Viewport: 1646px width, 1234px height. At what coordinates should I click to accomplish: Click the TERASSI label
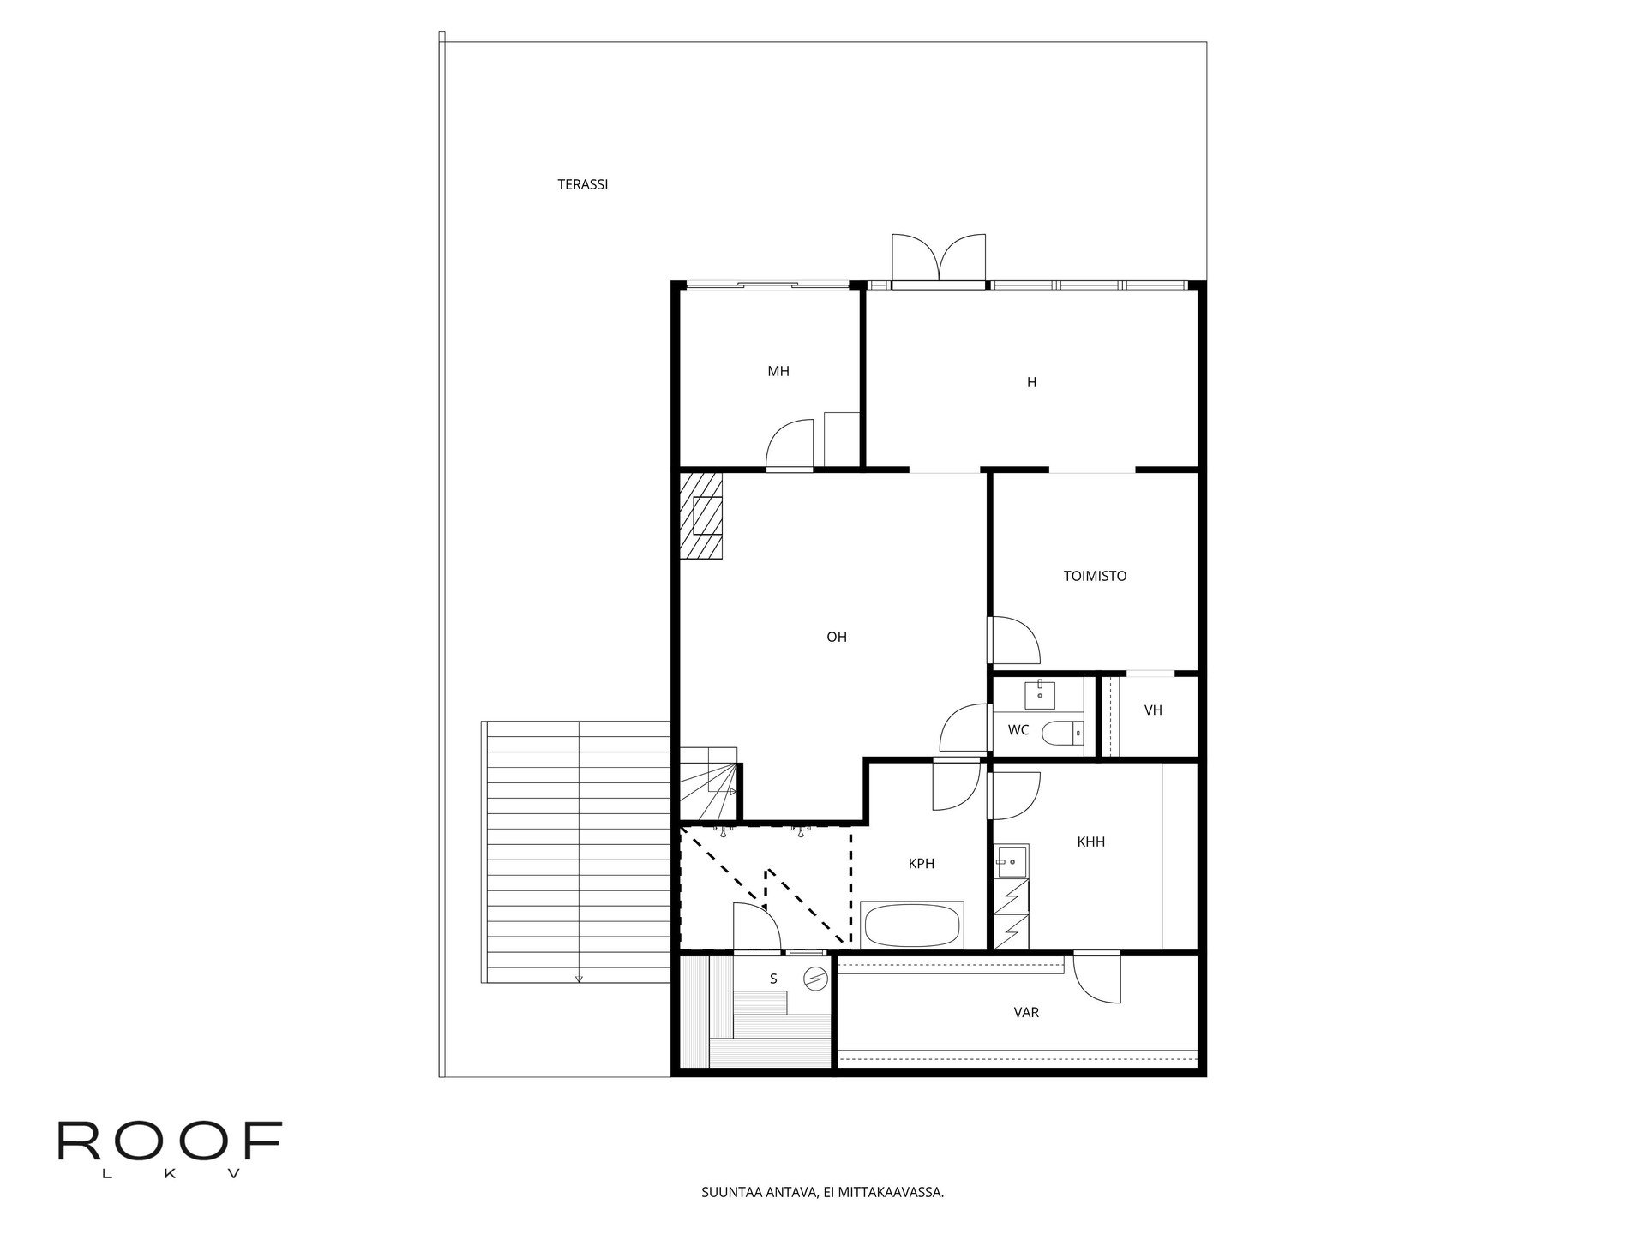(583, 184)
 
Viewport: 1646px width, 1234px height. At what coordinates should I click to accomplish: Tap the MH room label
(778, 371)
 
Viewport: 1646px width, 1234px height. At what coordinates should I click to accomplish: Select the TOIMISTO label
(1095, 576)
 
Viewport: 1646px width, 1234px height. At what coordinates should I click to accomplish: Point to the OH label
(837, 637)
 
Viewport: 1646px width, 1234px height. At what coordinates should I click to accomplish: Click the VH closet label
(1153, 710)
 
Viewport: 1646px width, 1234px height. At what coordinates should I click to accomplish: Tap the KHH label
(1091, 842)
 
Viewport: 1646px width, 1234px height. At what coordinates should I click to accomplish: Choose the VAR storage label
(1026, 1013)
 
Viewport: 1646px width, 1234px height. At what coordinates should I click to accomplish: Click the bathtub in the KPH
(913, 925)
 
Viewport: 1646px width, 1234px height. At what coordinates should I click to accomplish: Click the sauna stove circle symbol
(816, 978)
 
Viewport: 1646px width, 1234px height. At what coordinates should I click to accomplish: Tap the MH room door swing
(789, 444)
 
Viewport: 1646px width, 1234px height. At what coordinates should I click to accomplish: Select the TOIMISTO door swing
(1015, 640)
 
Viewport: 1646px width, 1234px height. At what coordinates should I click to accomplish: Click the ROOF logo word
(170, 1141)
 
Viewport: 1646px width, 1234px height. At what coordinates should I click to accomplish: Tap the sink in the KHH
(1012, 861)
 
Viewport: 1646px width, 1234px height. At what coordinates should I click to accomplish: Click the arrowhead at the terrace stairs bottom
(580, 979)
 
